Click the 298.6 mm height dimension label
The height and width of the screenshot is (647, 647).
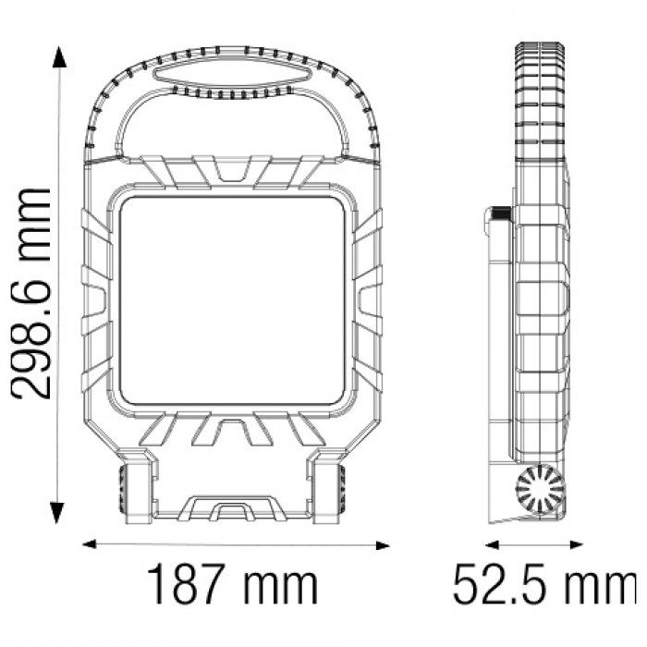[x=31, y=294]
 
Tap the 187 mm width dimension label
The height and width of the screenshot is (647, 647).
[x=232, y=584]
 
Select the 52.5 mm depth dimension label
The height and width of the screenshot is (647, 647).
[x=545, y=584]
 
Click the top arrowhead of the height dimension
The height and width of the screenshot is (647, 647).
[x=59, y=57]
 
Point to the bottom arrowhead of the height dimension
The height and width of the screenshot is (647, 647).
[x=57, y=513]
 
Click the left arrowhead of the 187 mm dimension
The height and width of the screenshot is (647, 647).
[x=89, y=543]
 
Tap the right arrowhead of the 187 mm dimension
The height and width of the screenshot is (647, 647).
[x=383, y=546]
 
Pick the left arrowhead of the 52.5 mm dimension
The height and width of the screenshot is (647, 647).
[x=493, y=545]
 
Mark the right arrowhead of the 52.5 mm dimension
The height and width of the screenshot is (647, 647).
[x=576, y=545]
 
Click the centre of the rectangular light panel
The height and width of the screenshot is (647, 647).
[x=232, y=300]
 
